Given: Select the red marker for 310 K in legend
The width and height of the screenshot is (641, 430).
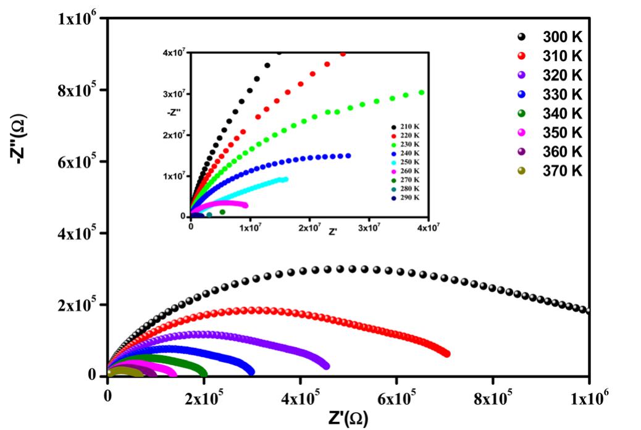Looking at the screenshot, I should point(521,56).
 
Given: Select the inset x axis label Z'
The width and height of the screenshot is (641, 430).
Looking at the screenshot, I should point(332,232).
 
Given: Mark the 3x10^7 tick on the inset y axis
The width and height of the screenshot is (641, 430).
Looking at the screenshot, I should point(174,94).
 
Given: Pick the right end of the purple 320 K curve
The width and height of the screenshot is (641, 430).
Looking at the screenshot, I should point(326,366).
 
